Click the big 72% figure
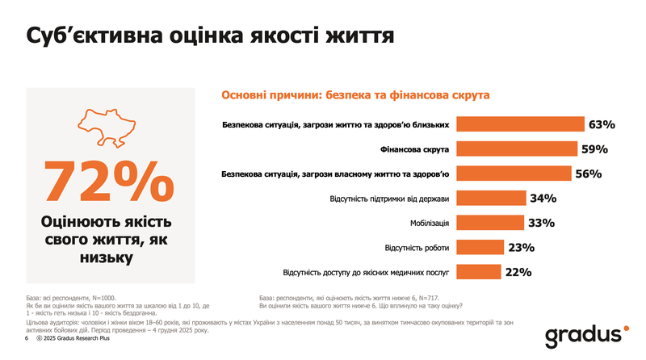click(109, 181)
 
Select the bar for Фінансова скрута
click(517, 149)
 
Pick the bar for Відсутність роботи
click(480, 247)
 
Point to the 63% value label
click(602, 125)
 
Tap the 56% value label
click(589, 174)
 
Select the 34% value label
click(542, 199)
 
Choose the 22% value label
click(518, 272)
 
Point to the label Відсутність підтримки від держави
click(389, 199)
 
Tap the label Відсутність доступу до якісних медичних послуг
click(366, 272)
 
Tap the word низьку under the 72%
click(109, 257)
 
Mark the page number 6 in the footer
click(27, 340)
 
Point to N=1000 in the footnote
click(110, 298)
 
